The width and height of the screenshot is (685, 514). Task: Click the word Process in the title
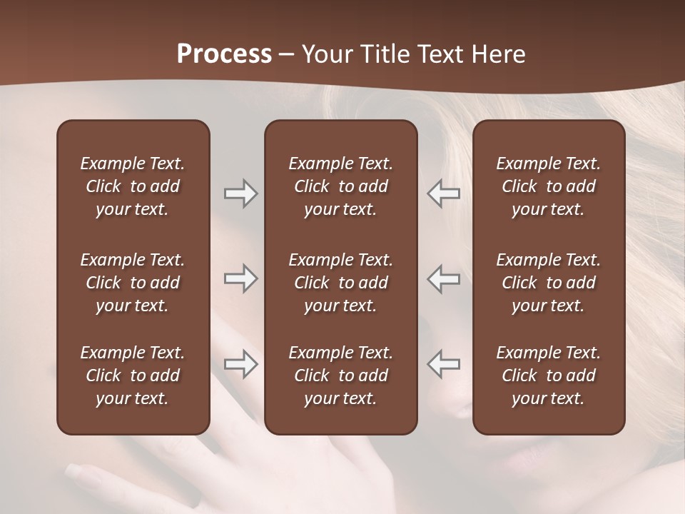tap(224, 54)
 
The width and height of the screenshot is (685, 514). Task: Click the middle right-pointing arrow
tap(240, 278)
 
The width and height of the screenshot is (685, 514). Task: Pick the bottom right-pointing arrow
tap(240, 364)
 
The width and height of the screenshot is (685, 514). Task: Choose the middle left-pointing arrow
tap(444, 278)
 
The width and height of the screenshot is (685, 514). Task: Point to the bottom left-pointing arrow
tap(444, 364)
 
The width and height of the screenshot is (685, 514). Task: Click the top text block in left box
tap(133, 186)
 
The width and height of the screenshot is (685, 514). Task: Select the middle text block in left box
tap(133, 283)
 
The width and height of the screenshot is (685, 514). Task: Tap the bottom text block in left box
tap(133, 376)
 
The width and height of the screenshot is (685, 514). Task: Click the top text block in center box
tap(341, 186)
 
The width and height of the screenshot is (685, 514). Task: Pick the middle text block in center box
tap(341, 283)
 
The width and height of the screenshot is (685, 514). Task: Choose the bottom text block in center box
tap(341, 376)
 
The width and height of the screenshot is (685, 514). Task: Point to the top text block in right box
tap(549, 186)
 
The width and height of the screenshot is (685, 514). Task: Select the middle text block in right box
tap(549, 283)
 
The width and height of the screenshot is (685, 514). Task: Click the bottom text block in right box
tap(549, 376)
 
